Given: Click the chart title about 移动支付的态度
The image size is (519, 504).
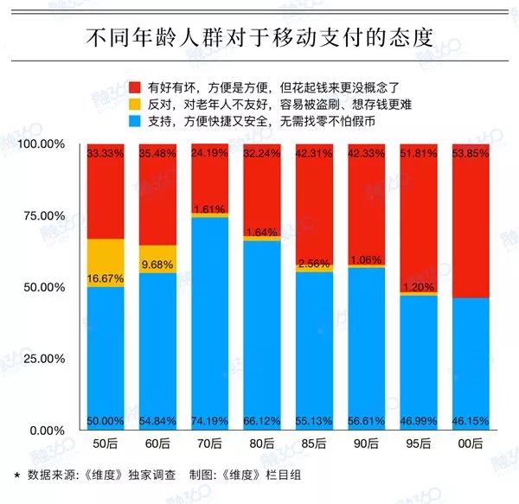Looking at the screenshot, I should point(259,38).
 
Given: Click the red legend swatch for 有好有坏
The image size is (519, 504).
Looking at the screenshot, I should point(133,87).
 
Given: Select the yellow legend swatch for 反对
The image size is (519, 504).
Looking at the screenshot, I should point(133,105).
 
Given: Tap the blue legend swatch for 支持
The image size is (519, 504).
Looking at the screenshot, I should point(133,121).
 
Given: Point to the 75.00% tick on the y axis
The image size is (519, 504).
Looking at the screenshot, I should point(42,215).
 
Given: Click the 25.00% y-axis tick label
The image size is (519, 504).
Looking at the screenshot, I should point(42,359).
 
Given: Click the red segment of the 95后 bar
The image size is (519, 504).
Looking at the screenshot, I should point(418,216).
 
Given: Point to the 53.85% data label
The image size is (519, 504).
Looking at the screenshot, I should point(470,153).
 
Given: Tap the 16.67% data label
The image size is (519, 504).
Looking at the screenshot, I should point(106,279).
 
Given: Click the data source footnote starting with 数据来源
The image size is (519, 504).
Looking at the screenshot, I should point(147,475).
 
